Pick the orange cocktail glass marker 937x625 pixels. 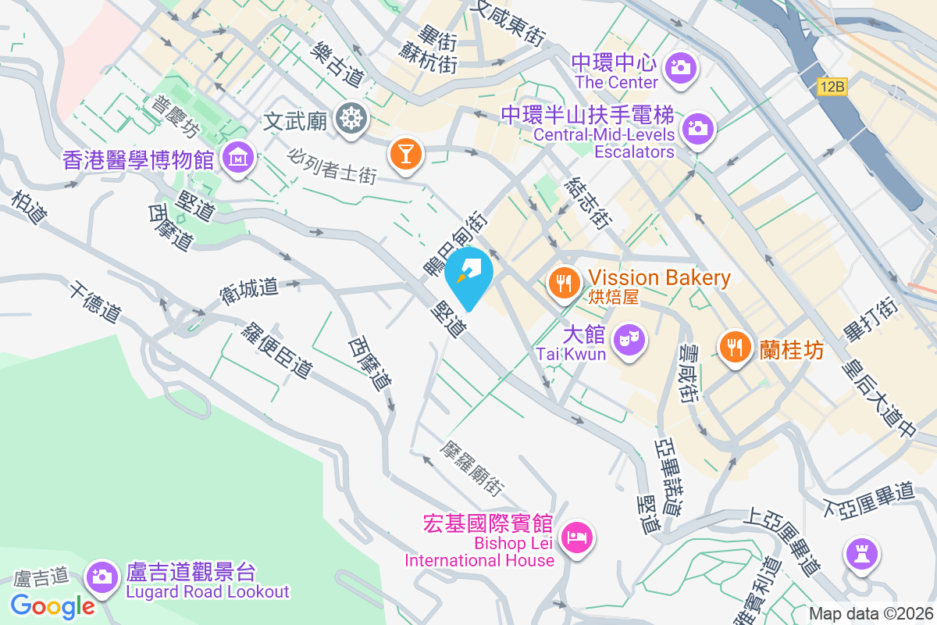click(406, 152)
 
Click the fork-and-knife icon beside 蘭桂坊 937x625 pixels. click(734, 347)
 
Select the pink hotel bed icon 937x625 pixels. click(578, 537)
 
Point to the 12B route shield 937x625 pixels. click(832, 87)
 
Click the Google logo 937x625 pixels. click(52, 605)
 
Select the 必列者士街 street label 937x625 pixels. click(332, 166)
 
